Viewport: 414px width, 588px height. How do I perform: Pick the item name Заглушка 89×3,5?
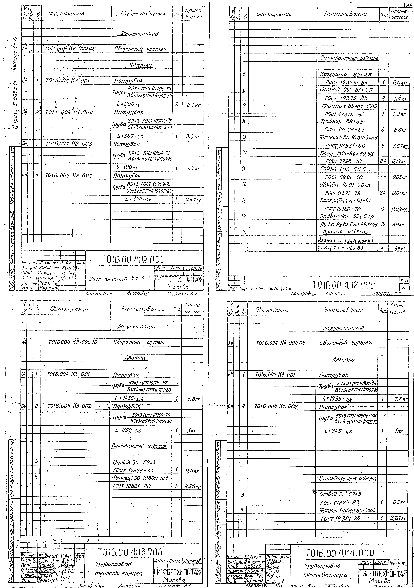pyautogui.click(x=346, y=75)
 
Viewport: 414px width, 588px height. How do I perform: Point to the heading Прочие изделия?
pyautogui.click(x=346, y=232)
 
